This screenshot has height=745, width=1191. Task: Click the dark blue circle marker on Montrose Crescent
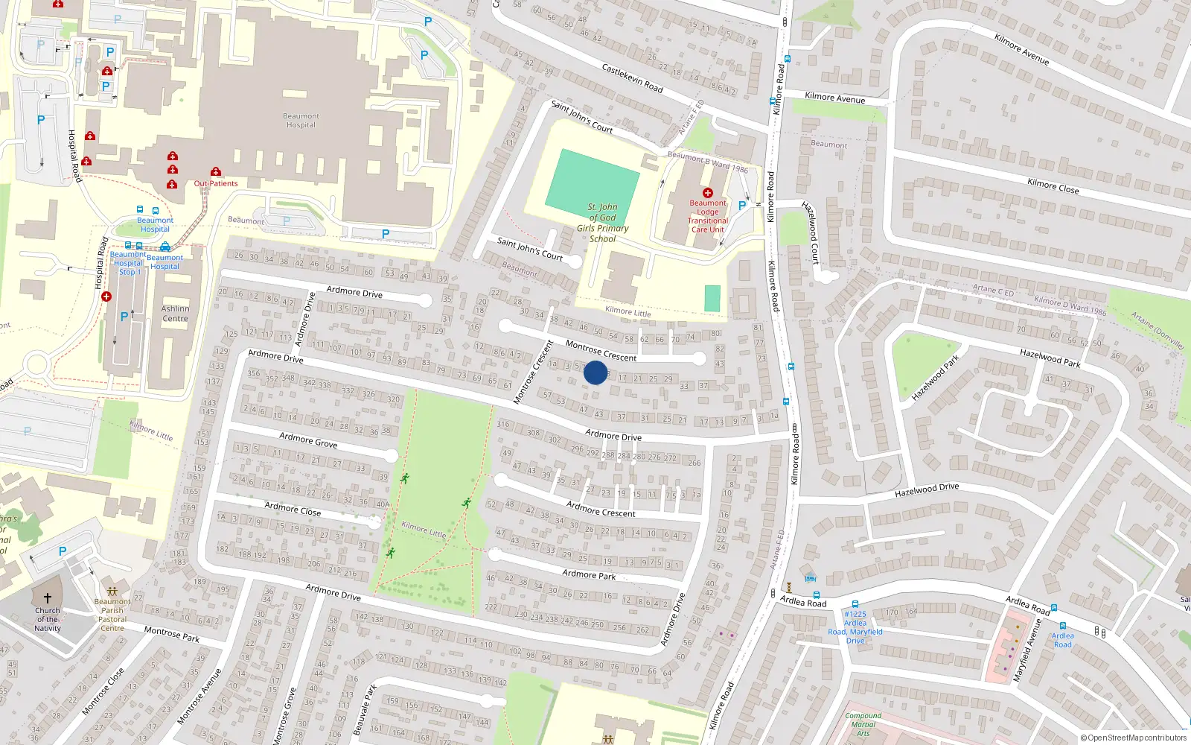(595, 372)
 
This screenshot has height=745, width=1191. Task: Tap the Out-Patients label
(216, 183)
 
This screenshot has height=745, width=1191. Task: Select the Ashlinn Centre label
(176, 314)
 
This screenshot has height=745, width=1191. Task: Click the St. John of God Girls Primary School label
(603, 223)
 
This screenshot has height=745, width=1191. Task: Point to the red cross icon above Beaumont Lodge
(708, 193)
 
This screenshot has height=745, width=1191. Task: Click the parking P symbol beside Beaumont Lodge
(741, 206)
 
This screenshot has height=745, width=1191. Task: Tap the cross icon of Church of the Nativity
(47, 598)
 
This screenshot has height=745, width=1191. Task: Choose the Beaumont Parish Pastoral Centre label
(112, 615)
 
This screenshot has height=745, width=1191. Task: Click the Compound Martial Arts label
(863, 724)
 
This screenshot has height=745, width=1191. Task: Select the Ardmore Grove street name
(308, 440)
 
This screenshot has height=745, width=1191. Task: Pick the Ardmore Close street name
(293, 510)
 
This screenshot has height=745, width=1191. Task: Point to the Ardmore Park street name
(589, 574)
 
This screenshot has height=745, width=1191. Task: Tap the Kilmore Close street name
(1053, 186)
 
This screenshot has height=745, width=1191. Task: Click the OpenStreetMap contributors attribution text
(1134, 738)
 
